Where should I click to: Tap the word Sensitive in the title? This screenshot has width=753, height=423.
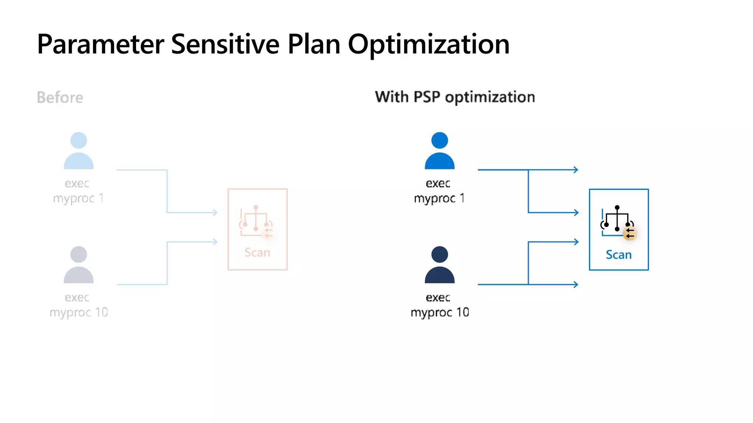225,44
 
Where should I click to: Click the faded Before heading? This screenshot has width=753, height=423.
60,98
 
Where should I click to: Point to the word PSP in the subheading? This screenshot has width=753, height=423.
427,97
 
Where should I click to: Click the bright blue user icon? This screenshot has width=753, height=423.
439,151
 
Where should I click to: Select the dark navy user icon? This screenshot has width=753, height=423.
439,264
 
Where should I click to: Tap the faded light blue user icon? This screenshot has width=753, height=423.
78,151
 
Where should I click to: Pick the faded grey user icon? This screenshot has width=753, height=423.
78,264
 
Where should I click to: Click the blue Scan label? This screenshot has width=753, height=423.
618,255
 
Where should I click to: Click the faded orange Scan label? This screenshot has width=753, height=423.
257,253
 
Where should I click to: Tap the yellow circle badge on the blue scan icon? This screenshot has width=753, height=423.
630,233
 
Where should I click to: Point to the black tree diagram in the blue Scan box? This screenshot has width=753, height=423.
617,219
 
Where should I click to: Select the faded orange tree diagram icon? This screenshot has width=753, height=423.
256,220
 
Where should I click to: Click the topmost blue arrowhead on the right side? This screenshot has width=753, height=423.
575,170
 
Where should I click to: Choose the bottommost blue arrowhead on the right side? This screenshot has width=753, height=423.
575,284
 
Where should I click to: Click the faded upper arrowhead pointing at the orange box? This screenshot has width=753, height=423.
215,212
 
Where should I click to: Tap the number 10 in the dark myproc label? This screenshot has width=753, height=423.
463,312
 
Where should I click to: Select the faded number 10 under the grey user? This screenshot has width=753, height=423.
101,312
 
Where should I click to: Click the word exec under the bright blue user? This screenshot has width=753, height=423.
438,183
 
